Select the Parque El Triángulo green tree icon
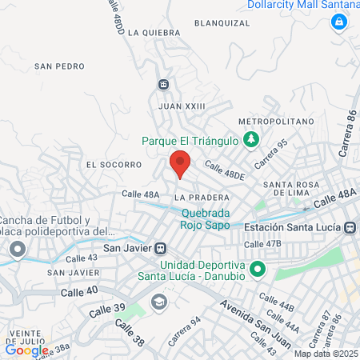pyautogui.click(x=251, y=140)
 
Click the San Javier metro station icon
pyautogui.click(x=160, y=247)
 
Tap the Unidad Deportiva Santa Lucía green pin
pyautogui.click(x=257, y=270)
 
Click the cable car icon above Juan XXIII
pyautogui.click(x=163, y=84)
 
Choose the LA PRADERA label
pyautogui.click(x=196, y=196)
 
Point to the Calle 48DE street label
pyautogui.click(x=222, y=170)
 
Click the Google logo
pyautogui.click(x=26, y=350)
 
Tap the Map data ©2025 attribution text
pyautogui.click(x=326, y=354)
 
